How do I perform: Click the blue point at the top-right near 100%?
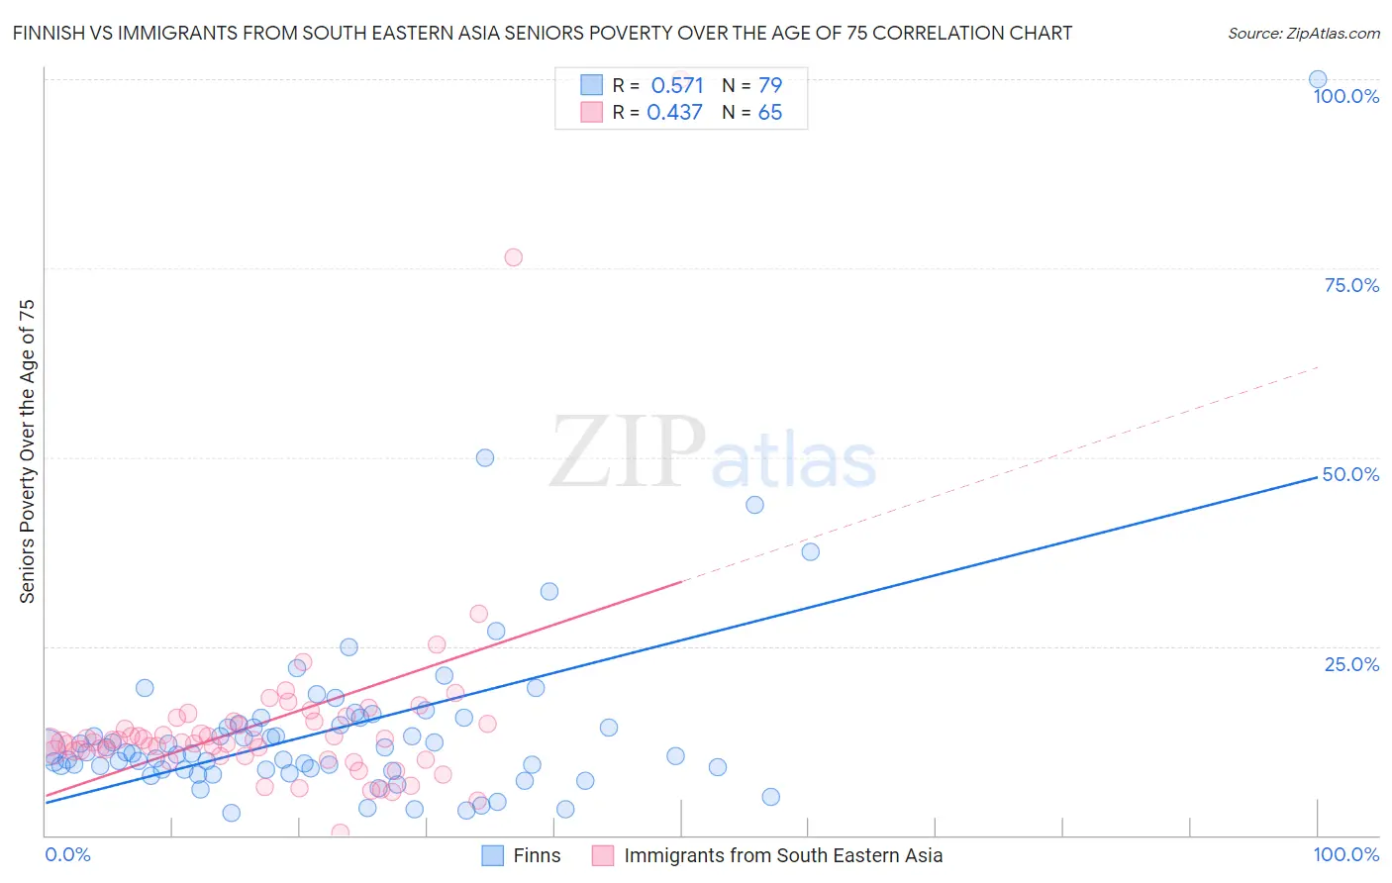1318,79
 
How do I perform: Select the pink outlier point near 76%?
513,257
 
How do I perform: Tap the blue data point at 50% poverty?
485,457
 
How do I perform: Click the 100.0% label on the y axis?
1345,96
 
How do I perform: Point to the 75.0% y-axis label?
1351,285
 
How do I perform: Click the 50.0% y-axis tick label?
1350,474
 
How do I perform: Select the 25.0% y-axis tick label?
1351,664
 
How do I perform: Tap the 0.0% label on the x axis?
67,854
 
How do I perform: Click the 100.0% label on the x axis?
1345,854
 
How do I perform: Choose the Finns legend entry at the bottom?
536,855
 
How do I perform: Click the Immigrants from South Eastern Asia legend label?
782,855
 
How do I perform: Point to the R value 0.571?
677,85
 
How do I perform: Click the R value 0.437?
674,112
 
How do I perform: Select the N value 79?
770,85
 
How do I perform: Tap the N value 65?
770,112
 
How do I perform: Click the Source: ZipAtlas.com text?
1303,33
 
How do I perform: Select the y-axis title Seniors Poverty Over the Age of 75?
27,451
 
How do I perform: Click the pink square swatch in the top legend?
591,112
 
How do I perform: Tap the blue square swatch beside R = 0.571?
591,85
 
